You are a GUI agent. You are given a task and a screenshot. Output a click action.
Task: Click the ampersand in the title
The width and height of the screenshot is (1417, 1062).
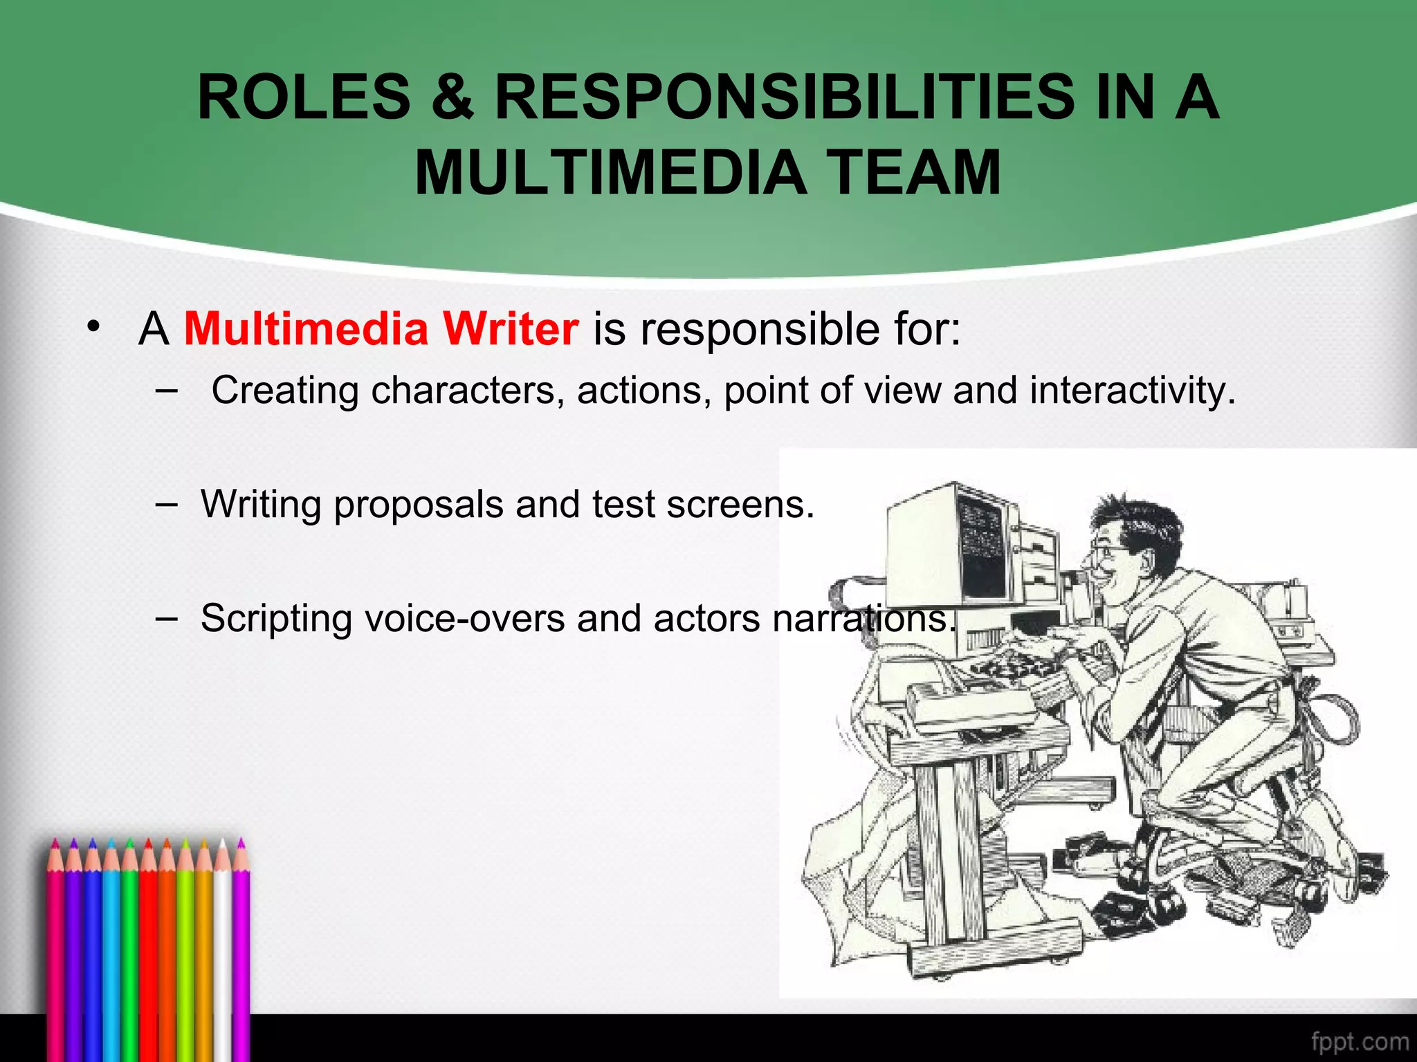453,97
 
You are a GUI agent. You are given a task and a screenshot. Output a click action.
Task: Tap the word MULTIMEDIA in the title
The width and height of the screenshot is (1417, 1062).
611,173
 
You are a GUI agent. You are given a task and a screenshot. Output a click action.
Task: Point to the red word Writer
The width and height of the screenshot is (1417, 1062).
511,328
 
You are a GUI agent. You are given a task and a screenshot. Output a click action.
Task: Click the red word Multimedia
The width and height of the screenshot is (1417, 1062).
306,328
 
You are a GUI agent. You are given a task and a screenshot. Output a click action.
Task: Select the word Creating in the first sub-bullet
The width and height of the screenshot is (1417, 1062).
284,391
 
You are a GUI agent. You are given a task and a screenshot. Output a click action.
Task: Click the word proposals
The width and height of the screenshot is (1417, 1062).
419,505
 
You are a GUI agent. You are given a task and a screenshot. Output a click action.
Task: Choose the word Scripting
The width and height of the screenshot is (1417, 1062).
276,619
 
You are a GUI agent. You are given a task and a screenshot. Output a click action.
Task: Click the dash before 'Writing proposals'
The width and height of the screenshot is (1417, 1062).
166,505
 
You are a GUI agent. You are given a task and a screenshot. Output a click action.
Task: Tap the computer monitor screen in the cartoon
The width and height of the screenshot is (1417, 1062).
981,546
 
